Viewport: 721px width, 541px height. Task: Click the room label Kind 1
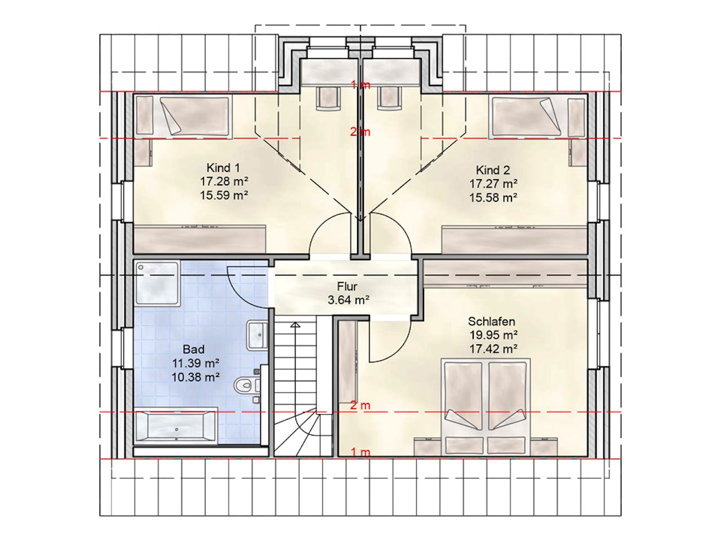click(x=223, y=168)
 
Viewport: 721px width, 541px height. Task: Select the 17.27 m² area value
click(x=493, y=184)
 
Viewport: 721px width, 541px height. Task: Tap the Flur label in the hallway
click(x=347, y=286)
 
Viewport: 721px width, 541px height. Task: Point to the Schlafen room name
click(x=491, y=321)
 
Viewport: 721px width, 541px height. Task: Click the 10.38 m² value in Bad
click(x=195, y=378)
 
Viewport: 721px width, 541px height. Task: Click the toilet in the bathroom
click(x=247, y=385)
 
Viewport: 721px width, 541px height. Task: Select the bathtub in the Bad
click(x=176, y=425)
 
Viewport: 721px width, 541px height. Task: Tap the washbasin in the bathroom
click(x=257, y=335)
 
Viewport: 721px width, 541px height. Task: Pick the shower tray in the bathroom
click(x=158, y=283)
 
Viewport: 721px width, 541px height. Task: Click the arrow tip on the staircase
click(x=296, y=323)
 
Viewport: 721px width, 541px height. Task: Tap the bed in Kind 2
click(x=527, y=117)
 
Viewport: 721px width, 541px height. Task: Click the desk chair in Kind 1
click(x=329, y=98)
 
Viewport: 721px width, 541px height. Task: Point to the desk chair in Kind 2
click(x=389, y=98)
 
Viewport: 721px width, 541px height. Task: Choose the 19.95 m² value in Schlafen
click(x=493, y=335)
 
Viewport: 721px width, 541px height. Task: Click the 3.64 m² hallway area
click(x=348, y=300)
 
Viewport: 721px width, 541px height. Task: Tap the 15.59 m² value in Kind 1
click(x=224, y=195)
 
